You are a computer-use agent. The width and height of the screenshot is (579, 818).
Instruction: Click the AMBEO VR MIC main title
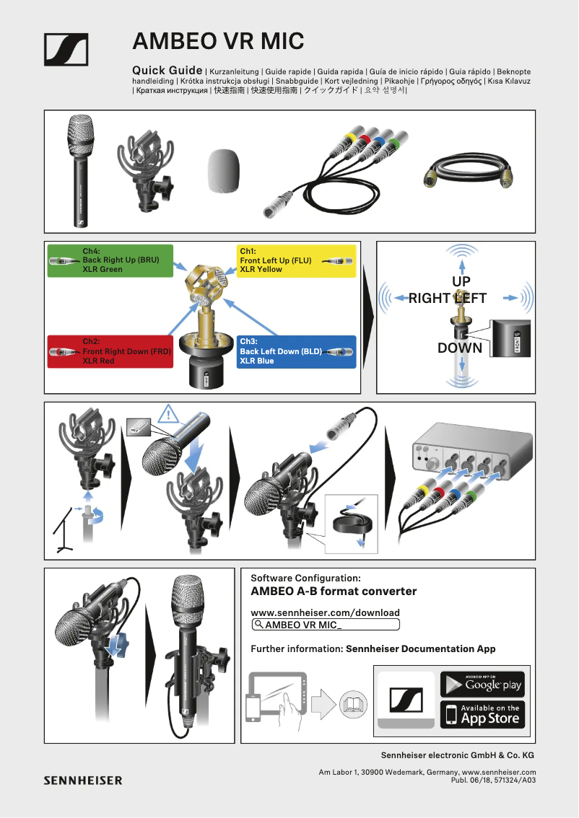[218, 41]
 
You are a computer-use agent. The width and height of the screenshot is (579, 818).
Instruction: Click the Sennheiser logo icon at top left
[66, 50]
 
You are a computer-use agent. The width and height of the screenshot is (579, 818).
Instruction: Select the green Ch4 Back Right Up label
[110, 260]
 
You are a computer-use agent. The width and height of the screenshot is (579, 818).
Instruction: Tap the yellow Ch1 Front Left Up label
[296, 260]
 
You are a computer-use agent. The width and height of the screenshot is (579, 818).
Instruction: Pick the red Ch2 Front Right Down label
[110, 351]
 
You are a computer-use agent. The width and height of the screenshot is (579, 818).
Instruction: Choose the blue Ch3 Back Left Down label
[296, 351]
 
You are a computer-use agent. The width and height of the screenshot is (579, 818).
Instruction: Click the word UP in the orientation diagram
[461, 281]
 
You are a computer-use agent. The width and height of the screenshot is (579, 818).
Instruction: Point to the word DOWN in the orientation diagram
[459, 348]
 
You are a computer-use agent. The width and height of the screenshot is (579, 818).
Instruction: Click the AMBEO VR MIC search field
[325, 625]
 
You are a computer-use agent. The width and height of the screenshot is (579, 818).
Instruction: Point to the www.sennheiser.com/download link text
[325, 612]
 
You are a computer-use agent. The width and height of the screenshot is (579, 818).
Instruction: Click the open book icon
[353, 703]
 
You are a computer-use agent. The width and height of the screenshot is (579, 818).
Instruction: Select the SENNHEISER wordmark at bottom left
[83, 780]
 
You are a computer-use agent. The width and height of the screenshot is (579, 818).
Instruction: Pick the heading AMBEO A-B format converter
[333, 591]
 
